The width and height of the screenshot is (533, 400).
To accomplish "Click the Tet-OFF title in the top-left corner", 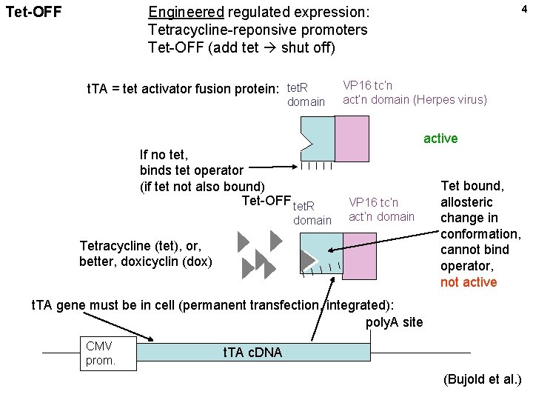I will point(33,13).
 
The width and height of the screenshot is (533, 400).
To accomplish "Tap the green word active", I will point(440,139).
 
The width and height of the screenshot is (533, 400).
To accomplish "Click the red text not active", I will point(469,282).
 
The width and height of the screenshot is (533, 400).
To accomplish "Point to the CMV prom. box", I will point(108,353).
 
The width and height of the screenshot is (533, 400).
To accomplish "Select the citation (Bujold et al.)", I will point(483,380).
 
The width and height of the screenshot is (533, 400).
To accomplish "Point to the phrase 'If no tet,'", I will point(164,155).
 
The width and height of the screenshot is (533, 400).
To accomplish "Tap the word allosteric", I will point(466,202).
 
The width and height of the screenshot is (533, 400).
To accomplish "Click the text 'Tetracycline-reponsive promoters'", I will point(257,30).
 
